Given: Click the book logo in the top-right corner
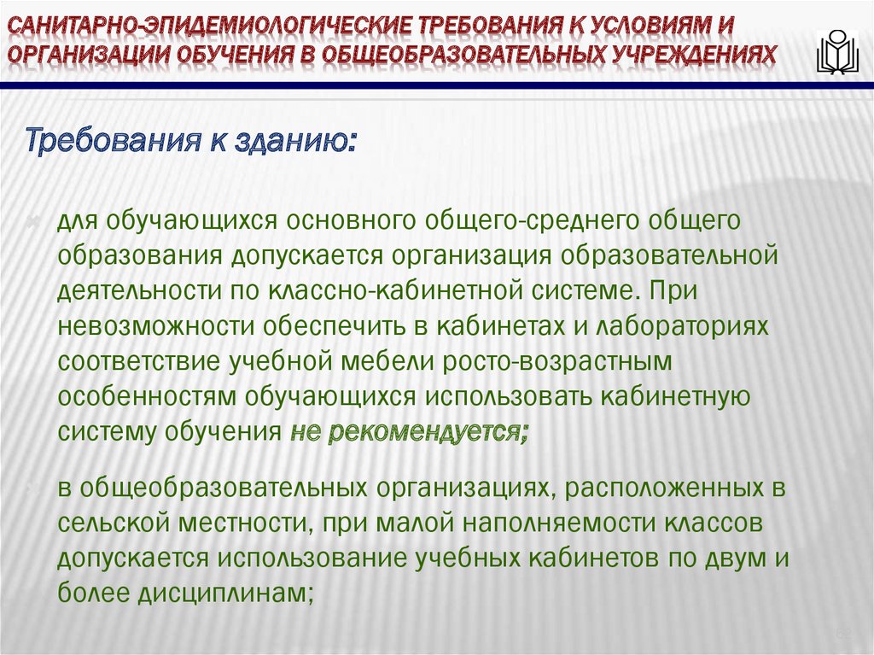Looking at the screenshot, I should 837,52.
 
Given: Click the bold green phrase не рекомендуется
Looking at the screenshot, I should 409,431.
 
